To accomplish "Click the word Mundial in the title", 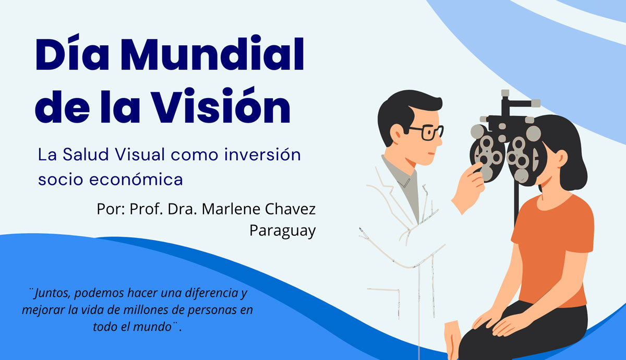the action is [212, 54].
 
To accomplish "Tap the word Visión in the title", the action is [222, 105].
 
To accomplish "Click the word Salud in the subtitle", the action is [86, 154].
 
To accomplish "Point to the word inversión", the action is [262, 154].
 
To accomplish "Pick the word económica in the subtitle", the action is [136, 179].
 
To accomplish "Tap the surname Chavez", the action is [290, 209].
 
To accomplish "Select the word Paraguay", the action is [283, 231].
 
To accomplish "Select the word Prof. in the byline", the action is [146, 209].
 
